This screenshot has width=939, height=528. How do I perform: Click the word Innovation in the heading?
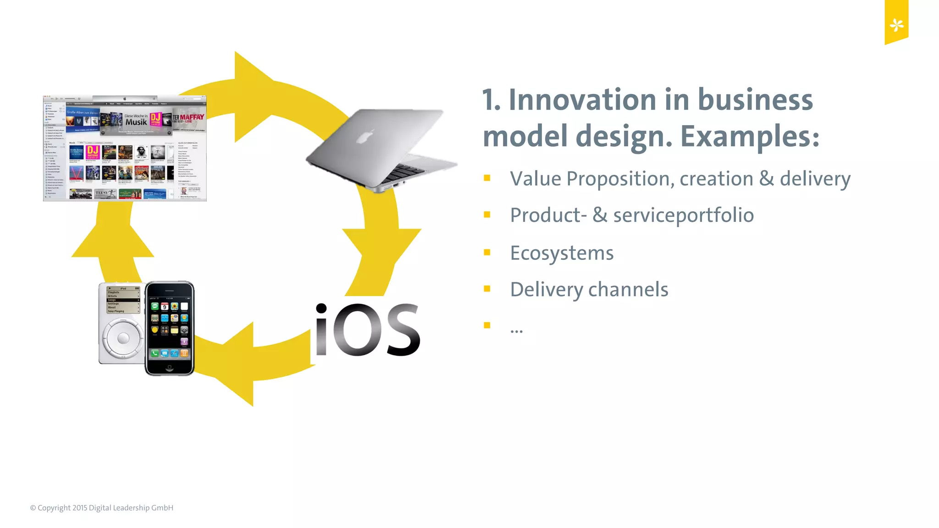coord(582,100)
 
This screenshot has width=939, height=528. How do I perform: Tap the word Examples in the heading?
coord(749,137)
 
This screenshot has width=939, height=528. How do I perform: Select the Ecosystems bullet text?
coord(562,253)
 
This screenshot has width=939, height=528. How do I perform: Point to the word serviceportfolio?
coord(683,215)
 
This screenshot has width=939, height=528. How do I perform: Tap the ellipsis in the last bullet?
coord(516,330)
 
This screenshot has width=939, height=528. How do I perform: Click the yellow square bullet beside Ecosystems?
coord(487,252)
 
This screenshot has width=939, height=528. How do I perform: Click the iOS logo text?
coord(367,330)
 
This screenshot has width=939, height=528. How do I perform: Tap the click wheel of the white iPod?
coord(123,339)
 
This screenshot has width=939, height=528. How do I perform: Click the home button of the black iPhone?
coord(170,368)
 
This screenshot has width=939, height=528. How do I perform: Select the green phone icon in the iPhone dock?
coord(155,353)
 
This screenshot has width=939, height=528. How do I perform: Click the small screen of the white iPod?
coord(123,301)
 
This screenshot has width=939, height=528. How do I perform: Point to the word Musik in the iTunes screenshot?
coord(136,122)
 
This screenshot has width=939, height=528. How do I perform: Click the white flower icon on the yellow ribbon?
coord(896,25)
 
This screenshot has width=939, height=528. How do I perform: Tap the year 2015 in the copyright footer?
coord(79,508)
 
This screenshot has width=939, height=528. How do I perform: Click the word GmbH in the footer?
coord(162,508)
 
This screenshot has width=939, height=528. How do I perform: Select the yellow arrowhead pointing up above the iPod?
coord(113,238)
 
